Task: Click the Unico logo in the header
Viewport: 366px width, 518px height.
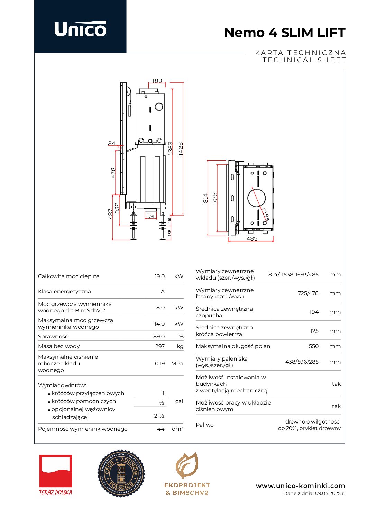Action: pos(80,29)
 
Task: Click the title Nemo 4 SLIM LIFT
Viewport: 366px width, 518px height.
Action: pos(285,33)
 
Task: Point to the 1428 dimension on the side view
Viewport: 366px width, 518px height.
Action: pos(181,148)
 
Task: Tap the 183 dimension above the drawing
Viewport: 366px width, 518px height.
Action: pos(157,81)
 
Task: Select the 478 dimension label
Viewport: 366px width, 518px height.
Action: pos(113,173)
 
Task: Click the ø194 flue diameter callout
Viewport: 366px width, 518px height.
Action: pos(265,215)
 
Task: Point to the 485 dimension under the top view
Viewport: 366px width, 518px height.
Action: pos(252,239)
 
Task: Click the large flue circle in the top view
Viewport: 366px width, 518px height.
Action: pos(257,198)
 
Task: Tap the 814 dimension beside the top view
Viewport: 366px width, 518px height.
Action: pos(205,198)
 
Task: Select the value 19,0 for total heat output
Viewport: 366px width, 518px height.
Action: pos(159,276)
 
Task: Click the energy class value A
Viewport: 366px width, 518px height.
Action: pos(163,292)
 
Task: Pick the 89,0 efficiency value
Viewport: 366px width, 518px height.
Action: pos(159,336)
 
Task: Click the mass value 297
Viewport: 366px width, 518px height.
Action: pos(160,346)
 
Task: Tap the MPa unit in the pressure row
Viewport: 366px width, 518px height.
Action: pos(177,363)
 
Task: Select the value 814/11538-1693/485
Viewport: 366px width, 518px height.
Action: pos(293,275)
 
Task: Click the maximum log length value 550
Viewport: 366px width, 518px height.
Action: pos(313,346)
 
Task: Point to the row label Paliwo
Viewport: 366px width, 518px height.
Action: pos(205,425)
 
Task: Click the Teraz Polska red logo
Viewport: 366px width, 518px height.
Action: pos(56,474)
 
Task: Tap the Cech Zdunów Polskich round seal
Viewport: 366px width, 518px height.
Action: pos(121,473)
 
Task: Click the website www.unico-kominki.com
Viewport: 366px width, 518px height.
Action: pos(300,486)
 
